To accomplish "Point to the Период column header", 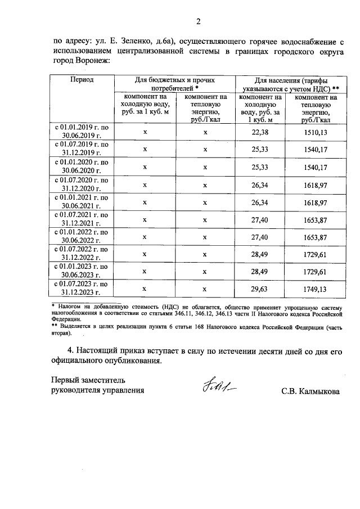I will [x=82, y=80].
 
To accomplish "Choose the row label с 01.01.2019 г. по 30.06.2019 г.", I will [x=82, y=132].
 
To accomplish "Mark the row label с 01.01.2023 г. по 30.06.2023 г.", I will [x=82, y=272].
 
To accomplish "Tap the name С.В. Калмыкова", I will [x=311, y=390].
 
